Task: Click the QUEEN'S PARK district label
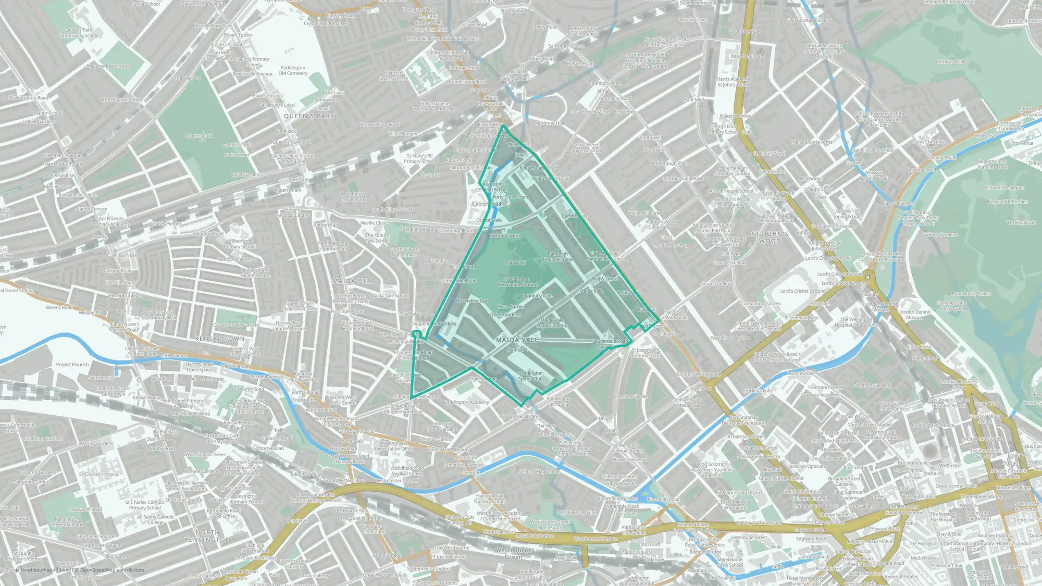point(309,116)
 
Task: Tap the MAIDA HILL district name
point(353,281)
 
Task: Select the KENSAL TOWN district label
point(220,339)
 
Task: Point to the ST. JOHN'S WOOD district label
point(770,238)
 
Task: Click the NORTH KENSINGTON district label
point(207,536)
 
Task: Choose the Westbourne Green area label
point(513,553)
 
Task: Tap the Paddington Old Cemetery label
point(293,70)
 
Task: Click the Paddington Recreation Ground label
point(517,282)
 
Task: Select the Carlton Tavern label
point(504,236)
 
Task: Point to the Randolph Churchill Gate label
point(557,257)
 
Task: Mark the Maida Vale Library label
point(518,416)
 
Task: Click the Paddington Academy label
point(466,402)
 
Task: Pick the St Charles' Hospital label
point(99,475)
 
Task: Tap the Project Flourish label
point(72,365)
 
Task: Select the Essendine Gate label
point(474,301)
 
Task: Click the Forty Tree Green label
point(510,197)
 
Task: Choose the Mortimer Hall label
point(549,123)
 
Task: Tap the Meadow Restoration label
point(108,66)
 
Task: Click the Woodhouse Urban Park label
point(353,197)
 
